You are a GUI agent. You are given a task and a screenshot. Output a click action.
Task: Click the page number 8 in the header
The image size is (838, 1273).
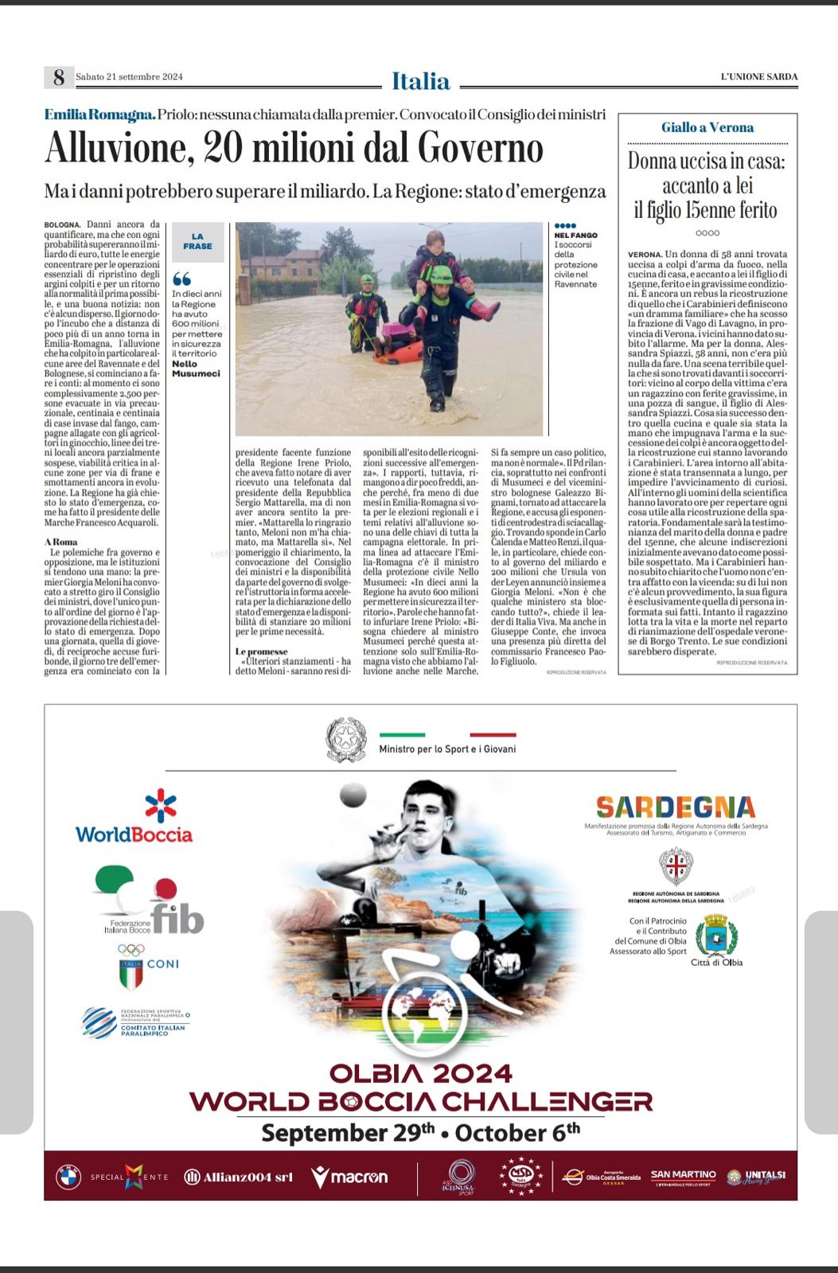click(x=58, y=77)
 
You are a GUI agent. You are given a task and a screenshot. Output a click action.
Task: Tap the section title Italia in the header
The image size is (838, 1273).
click(x=420, y=81)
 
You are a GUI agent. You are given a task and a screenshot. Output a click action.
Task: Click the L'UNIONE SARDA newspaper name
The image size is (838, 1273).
click(x=758, y=77)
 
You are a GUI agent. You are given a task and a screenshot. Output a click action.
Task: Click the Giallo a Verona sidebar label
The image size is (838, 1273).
click(x=707, y=127)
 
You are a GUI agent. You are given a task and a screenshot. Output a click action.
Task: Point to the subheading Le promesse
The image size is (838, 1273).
click(x=261, y=652)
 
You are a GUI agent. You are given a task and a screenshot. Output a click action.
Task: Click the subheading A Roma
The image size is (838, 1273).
click(x=61, y=542)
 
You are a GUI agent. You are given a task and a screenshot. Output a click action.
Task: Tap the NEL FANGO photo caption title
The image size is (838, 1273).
click(x=575, y=236)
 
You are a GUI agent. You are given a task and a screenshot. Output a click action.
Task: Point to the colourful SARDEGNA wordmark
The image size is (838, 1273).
click(x=675, y=807)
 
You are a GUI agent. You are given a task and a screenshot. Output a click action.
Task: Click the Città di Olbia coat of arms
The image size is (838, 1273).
click(x=716, y=936)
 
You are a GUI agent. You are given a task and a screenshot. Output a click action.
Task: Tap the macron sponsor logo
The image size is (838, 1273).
click(x=349, y=1177)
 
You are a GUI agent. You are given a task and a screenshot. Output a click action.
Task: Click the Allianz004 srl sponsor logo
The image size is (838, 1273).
click(x=239, y=1177)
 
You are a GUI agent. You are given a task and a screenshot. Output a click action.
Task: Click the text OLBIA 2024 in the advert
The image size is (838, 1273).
click(x=420, y=1073)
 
